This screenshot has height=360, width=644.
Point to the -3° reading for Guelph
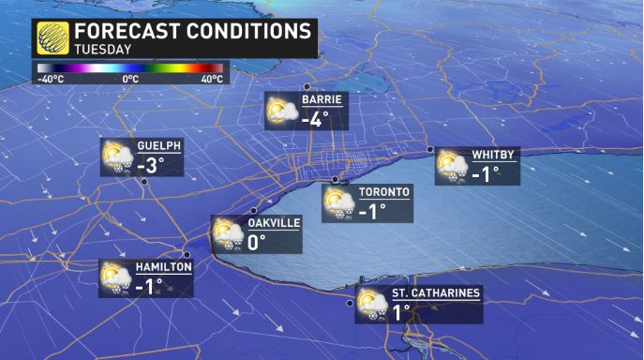pos(151,166)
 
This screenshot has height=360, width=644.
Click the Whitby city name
pos(491,156)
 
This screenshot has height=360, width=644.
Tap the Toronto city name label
pos(384,192)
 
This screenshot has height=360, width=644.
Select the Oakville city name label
pos(273,223)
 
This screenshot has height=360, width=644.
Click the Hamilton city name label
pos(163,267)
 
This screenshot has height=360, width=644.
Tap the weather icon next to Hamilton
pos(116,277)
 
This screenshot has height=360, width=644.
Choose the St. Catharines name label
pos(436,292)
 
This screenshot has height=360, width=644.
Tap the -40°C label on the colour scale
pos(50,79)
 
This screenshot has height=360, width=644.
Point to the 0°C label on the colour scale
pos(131,79)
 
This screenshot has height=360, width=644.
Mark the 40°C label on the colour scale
pos(211,79)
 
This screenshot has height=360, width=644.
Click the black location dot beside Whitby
pos(430,150)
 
